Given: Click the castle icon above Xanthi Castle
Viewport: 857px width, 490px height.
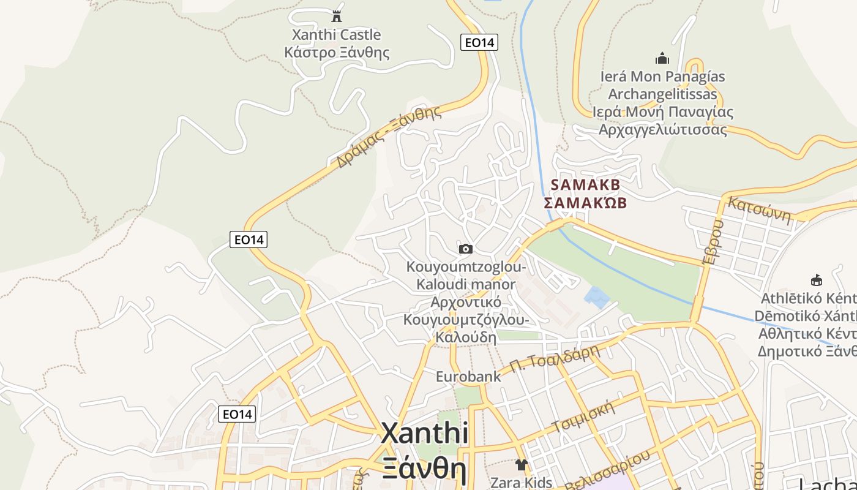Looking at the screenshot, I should pyautogui.click(x=336, y=15).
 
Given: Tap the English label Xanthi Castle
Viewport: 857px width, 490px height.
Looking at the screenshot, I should pyautogui.click(x=336, y=35).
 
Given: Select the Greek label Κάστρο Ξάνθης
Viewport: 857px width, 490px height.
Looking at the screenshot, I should pyautogui.click(x=336, y=52).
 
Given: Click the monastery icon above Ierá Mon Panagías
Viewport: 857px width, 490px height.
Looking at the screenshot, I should pyautogui.click(x=662, y=59).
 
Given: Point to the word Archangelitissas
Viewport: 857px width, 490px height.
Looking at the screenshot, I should pyautogui.click(x=662, y=94).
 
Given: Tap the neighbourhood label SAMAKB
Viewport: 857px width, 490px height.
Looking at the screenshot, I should pyautogui.click(x=585, y=184).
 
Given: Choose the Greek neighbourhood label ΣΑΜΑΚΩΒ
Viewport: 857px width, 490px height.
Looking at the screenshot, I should pyautogui.click(x=585, y=203).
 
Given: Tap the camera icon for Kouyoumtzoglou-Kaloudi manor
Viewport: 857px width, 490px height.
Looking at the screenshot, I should pyautogui.click(x=466, y=249).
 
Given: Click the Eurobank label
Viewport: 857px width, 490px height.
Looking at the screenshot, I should pyautogui.click(x=468, y=377).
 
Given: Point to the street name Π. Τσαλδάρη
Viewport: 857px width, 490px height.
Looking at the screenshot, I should pyautogui.click(x=553, y=359).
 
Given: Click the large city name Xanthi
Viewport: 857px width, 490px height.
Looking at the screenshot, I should pyautogui.click(x=424, y=434).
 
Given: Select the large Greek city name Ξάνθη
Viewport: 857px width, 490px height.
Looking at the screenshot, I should pyautogui.click(x=424, y=469).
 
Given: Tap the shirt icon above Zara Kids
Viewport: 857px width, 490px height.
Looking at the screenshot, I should pyautogui.click(x=521, y=465).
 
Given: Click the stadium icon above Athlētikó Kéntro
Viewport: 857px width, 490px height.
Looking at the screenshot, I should pyautogui.click(x=816, y=281).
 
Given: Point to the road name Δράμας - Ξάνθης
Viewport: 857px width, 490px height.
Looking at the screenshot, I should pyautogui.click(x=389, y=137).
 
